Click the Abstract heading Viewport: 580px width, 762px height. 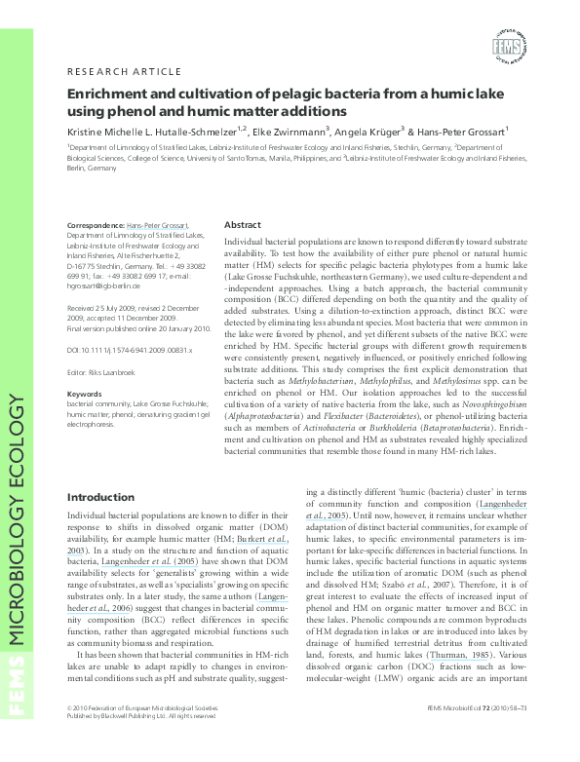243,223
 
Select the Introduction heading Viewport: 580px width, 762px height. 100,498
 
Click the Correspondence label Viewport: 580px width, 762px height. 96,224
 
